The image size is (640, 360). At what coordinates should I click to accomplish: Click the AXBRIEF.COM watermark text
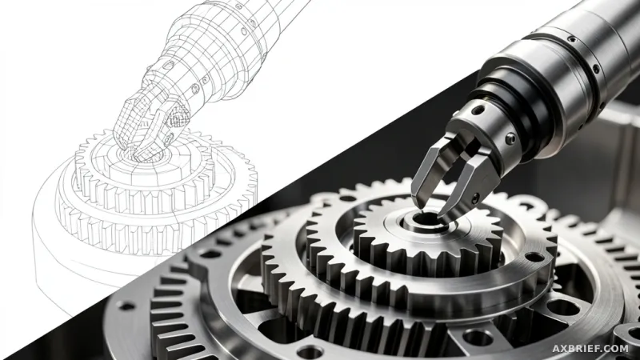[590, 349]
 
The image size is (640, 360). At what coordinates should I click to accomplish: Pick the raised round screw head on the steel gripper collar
[510, 139]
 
